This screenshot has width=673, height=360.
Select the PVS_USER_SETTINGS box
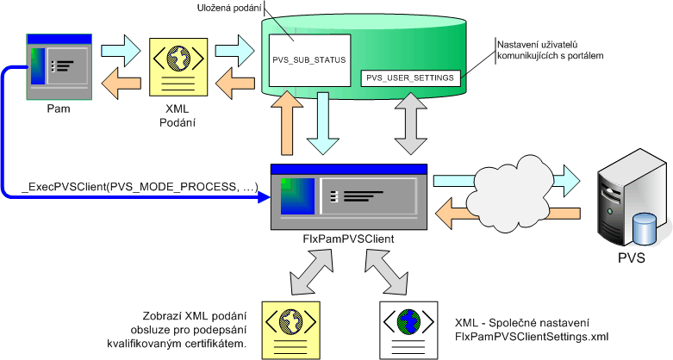coord(410,78)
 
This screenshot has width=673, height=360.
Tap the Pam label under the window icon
coord(59,109)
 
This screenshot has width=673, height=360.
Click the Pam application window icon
coord(59,65)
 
